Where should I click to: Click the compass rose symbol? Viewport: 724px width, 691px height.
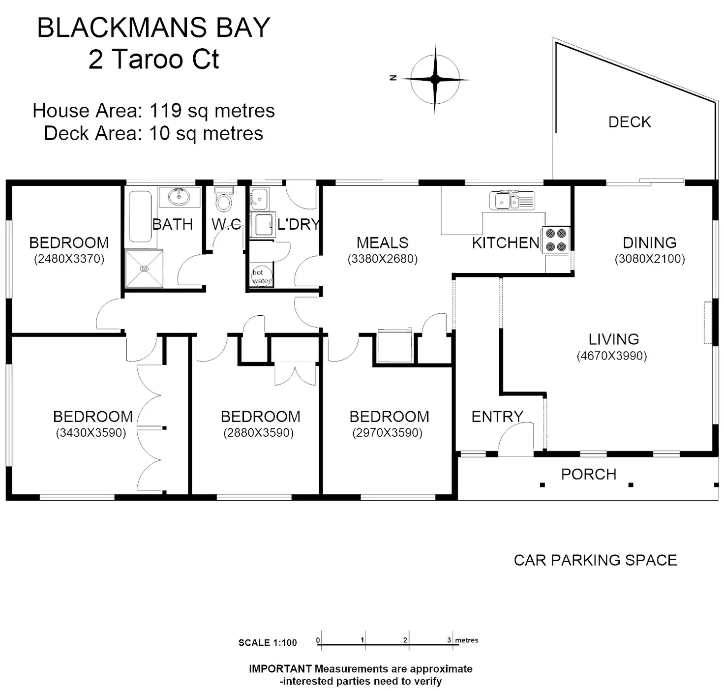pyautogui.click(x=435, y=79)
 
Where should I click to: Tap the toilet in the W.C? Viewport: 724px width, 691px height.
pyautogui.click(x=223, y=199)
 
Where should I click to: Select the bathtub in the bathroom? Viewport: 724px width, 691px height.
pyautogui.click(x=140, y=216)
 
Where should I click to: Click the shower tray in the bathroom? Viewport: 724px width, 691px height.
pyautogui.click(x=144, y=269)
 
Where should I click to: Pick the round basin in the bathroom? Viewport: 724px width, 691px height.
pyautogui.click(x=180, y=197)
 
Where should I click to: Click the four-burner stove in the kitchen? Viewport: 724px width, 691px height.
pyautogui.click(x=555, y=240)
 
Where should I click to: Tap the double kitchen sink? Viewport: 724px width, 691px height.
pyautogui.click(x=512, y=200)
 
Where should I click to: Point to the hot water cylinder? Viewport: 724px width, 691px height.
pyautogui.click(x=262, y=276)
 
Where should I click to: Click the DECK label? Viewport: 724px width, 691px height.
pyautogui.click(x=630, y=122)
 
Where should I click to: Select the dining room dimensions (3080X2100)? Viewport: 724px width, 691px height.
pyautogui.click(x=650, y=259)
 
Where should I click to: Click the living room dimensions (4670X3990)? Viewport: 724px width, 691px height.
pyautogui.click(x=612, y=356)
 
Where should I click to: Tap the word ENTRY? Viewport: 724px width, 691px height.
pyautogui.click(x=497, y=417)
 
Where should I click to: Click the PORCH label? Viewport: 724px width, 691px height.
pyautogui.click(x=588, y=475)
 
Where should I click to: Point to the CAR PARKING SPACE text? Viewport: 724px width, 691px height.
pyautogui.click(x=595, y=561)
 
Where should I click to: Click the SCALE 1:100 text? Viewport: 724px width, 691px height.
pyautogui.click(x=268, y=643)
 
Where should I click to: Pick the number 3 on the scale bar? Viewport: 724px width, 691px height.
pyautogui.click(x=449, y=640)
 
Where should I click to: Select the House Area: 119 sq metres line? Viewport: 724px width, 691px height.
pyautogui.click(x=153, y=111)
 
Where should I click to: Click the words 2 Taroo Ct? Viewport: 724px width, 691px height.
pyautogui.click(x=153, y=60)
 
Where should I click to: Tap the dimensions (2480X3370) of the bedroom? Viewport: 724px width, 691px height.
pyautogui.click(x=69, y=259)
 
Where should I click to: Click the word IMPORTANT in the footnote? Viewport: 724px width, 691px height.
pyautogui.click(x=280, y=668)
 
